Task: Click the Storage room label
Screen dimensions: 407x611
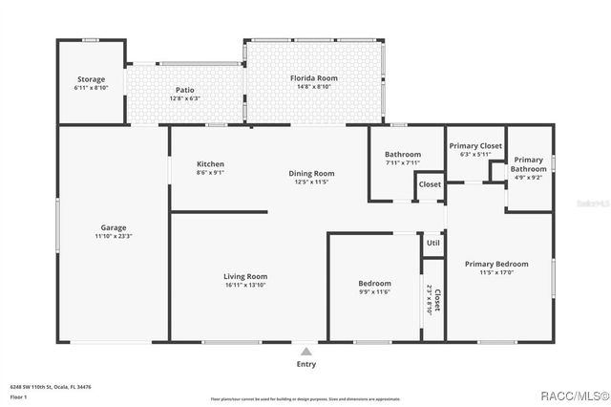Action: (x=91, y=79)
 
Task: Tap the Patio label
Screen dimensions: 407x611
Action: (x=184, y=90)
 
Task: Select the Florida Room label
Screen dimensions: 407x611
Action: (x=313, y=78)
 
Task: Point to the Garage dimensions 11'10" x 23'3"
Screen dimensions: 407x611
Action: (x=114, y=236)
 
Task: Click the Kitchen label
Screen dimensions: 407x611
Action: (x=210, y=163)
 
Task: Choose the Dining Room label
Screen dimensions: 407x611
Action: (x=311, y=173)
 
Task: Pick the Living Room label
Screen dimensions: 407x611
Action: (x=244, y=276)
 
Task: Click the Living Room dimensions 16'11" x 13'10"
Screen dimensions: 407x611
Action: (x=244, y=285)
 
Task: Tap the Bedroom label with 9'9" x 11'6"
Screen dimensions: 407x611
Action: (x=374, y=283)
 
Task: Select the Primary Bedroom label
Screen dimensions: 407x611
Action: (x=495, y=264)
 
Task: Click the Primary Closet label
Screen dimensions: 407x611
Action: (x=475, y=145)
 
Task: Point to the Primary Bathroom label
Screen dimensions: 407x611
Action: (x=528, y=164)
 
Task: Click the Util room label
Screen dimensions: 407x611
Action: (x=432, y=244)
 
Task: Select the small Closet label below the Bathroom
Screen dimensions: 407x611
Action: (x=430, y=184)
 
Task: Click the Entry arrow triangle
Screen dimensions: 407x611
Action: (x=305, y=352)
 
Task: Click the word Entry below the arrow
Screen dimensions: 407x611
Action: (x=305, y=363)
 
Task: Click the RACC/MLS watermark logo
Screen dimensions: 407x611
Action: (x=573, y=396)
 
